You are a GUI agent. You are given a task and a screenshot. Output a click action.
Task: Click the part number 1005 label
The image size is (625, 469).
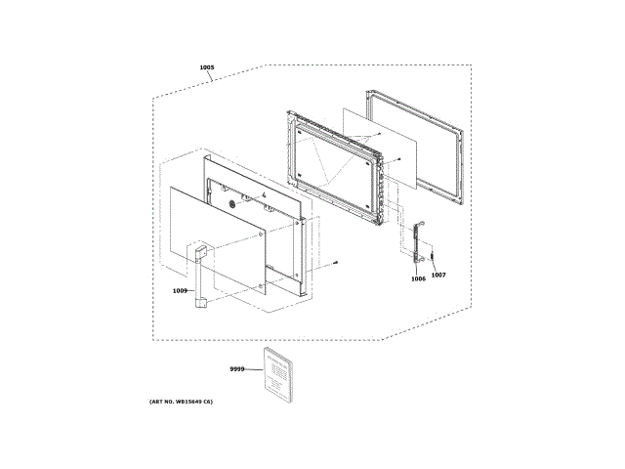coord(206,67)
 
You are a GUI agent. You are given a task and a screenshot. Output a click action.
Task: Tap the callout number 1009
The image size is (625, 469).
coord(180,290)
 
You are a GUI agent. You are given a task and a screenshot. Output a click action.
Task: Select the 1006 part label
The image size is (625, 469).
coord(418,278)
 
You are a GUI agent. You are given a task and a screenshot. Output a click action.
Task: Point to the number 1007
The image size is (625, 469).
coord(438,275)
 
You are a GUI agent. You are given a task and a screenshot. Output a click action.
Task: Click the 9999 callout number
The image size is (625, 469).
coord(236,368)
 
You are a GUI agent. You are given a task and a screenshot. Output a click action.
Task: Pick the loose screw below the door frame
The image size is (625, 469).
coord(335,261)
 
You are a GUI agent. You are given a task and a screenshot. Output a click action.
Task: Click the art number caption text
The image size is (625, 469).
coord(182,403)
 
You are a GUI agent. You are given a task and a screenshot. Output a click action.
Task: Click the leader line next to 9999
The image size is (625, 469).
coord(253,369)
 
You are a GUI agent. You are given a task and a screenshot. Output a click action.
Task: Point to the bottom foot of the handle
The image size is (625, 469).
coord(202,305)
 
